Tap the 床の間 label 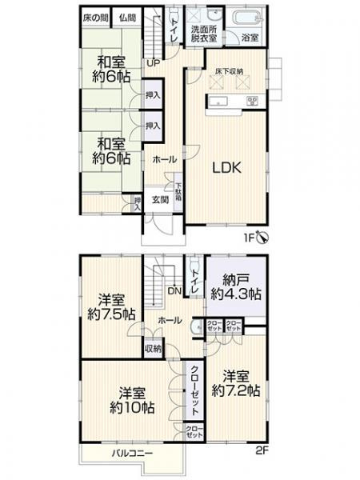(x=96, y=17)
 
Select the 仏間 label (x=126, y=17)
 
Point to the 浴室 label (x=250, y=38)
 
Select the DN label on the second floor (x=173, y=290)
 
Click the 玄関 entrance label (x=160, y=200)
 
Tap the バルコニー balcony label (x=126, y=453)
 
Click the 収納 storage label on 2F (x=152, y=349)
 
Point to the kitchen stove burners (x=253, y=100)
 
